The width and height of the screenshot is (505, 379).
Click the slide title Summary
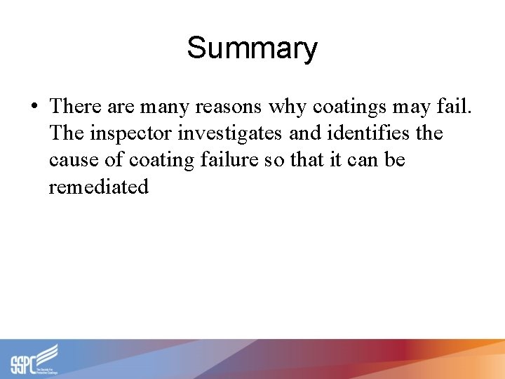252,48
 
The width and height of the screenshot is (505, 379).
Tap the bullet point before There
34,107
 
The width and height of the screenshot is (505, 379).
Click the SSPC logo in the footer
34,359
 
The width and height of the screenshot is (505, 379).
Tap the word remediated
99,187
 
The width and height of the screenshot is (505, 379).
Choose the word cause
74,161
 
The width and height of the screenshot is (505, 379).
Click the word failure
231,160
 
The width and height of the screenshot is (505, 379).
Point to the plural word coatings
346,107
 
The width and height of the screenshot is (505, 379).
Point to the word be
395,160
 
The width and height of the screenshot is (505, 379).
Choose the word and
303,133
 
